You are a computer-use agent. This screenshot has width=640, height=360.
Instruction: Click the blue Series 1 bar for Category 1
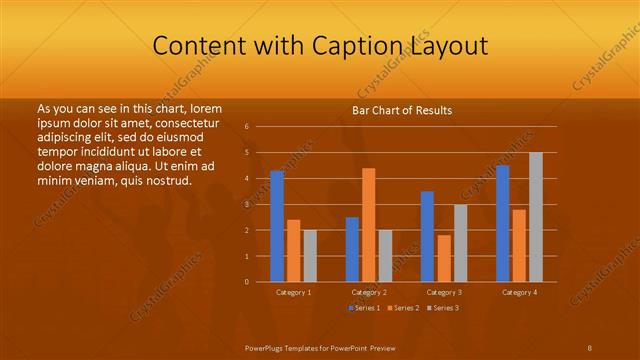277,226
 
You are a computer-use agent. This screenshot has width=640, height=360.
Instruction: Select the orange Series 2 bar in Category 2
369,225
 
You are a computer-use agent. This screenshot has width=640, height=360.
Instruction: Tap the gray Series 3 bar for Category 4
536,217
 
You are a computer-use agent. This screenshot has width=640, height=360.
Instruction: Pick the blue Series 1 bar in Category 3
427,236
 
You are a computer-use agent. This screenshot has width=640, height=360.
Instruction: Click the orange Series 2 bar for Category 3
444,258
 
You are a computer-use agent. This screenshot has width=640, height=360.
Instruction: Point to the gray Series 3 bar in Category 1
310,256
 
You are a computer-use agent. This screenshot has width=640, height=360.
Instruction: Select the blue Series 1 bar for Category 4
502,223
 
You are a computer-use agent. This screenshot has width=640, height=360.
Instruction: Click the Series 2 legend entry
405,307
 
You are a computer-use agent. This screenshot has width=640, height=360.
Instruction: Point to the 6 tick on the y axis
246,127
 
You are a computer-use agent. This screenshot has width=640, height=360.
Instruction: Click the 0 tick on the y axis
246,282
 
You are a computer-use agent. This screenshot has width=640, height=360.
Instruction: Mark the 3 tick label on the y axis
246,204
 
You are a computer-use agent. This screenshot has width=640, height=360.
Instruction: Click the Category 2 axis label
369,292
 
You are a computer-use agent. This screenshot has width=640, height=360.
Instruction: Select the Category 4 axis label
518,292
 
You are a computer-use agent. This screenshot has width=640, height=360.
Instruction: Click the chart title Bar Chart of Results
402,110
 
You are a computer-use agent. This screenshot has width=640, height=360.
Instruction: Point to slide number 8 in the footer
589,347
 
